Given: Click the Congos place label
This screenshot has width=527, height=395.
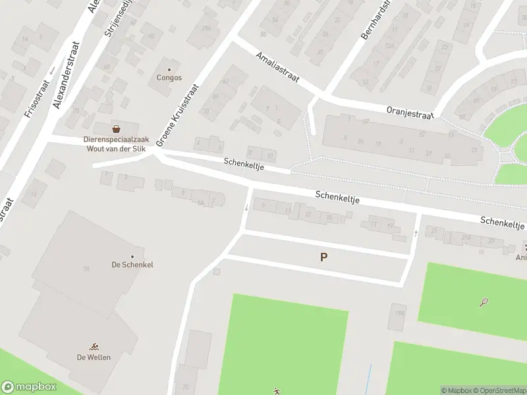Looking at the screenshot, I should (169, 77).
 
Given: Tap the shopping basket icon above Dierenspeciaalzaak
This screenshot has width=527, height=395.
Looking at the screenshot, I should (117, 128).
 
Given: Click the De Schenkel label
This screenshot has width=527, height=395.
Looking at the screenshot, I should (132, 265).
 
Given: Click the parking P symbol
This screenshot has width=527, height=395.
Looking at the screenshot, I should (323, 257).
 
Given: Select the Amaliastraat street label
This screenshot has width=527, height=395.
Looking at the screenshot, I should (279, 68).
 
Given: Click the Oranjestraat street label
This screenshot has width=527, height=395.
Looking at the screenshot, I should (410, 113).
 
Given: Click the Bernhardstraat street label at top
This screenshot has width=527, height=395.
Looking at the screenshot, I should (374, 20).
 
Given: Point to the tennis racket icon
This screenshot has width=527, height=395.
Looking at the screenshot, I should (484, 303).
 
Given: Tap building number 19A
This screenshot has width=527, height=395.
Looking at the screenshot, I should (399, 314).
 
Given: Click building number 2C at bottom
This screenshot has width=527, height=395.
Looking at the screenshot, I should (186, 387).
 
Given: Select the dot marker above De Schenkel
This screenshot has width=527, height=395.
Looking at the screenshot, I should (132, 256).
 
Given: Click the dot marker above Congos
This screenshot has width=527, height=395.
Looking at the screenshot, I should (169, 69).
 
